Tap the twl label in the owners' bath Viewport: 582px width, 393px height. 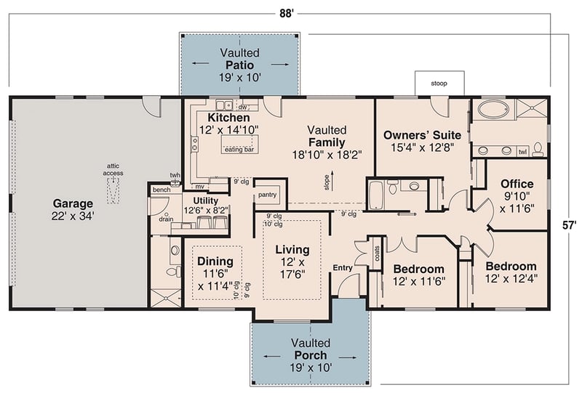click(522, 153)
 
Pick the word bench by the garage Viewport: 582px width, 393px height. click(161, 190)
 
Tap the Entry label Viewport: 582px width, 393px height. click(343, 268)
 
